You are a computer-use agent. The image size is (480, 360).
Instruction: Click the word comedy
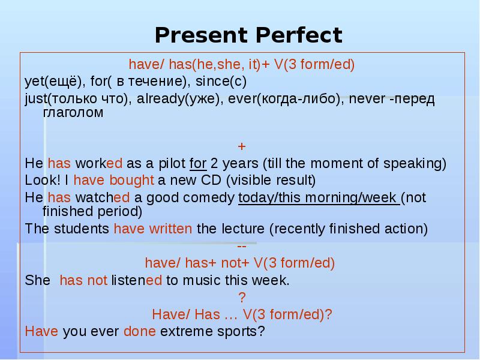coord(211,196)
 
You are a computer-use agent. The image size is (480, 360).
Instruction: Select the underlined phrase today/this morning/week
coord(319,196)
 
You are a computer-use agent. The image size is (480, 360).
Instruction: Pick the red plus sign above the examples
coord(242,146)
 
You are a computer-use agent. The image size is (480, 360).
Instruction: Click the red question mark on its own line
coord(242,298)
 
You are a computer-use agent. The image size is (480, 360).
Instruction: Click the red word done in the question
coord(139,331)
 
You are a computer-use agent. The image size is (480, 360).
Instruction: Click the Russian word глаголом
coord(73,112)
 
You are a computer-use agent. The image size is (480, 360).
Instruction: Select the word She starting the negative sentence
coord(37,281)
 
